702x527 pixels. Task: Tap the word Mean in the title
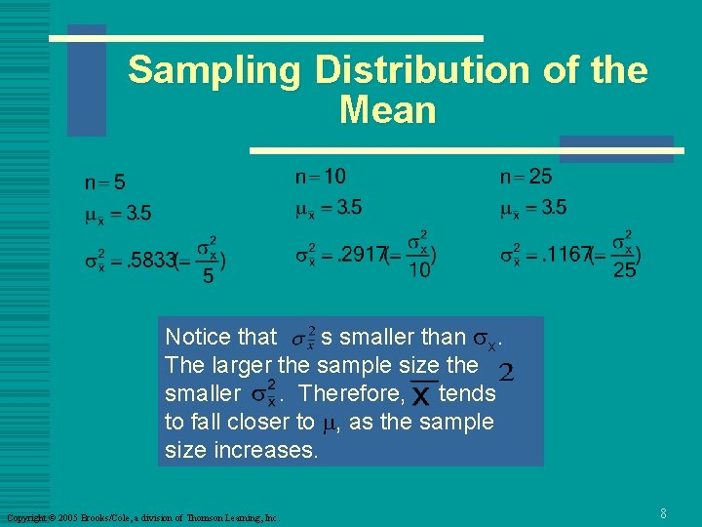[387, 110]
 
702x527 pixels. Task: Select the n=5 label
[105, 182]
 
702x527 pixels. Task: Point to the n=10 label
[320, 177]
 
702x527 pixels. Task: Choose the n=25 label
[526, 177]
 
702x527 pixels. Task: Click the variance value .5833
[149, 262]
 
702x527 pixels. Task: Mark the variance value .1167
[567, 256]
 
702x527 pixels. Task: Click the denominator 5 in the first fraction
[207, 277]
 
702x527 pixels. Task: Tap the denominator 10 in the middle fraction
[419, 269]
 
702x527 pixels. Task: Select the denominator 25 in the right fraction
[624, 269]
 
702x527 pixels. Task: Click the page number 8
[663, 512]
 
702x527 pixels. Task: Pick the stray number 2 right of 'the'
[506, 372]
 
